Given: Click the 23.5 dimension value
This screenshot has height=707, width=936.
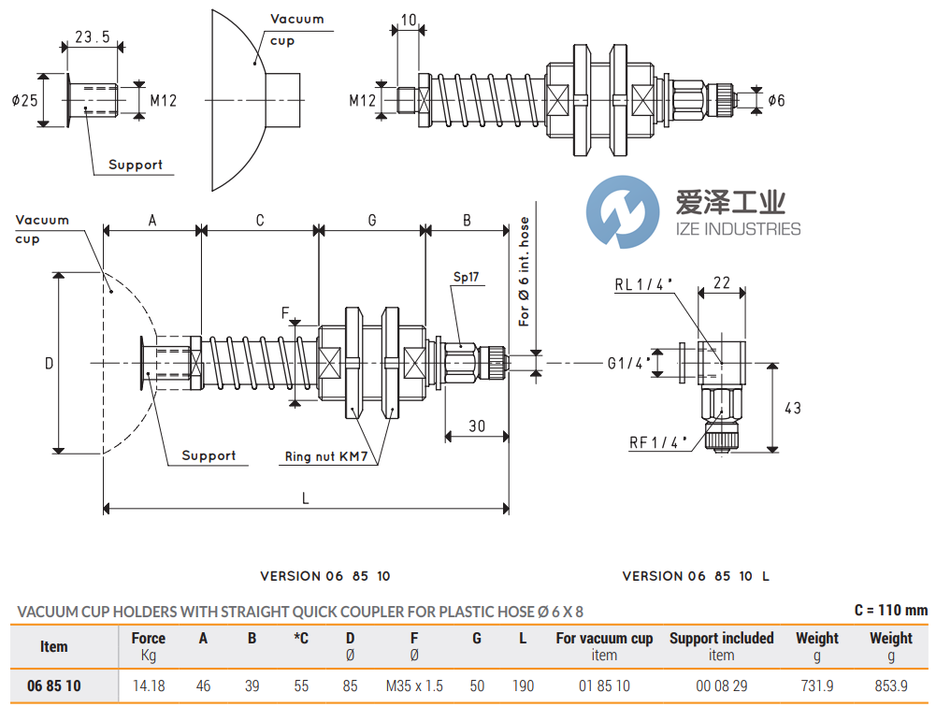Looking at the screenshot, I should click(x=92, y=37).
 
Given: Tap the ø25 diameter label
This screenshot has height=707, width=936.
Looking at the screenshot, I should click(x=24, y=98).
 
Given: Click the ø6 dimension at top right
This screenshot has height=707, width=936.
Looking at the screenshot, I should click(x=776, y=100).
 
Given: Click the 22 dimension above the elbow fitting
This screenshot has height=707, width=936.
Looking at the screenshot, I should click(x=722, y=282).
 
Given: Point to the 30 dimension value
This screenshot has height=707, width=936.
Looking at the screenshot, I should click(x=477, y=426).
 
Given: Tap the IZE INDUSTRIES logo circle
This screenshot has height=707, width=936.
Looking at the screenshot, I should click(x=620, y=215).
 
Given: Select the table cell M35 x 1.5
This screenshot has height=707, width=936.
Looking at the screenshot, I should click(x=414, y=685).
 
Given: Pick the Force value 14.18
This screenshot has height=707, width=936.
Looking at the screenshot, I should click(x=148, y=685).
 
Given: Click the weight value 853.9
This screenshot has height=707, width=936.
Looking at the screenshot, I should click(x=890, y=685).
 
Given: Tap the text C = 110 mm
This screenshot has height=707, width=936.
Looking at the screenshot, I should click(x=890, y=610).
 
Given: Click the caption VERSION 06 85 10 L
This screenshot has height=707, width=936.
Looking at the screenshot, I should click(x=696, y=576).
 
